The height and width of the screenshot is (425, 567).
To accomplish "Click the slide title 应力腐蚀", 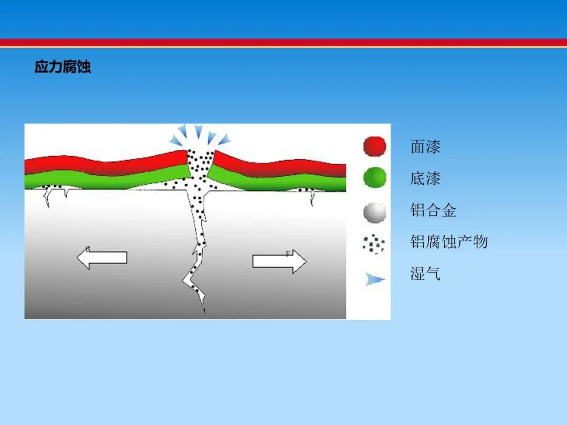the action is [62, 67].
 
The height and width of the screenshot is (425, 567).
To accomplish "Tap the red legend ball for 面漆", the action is [375, 146].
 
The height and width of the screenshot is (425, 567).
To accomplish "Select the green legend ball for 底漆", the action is [375, 177].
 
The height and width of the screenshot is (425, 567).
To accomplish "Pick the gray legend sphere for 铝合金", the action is [375, 212].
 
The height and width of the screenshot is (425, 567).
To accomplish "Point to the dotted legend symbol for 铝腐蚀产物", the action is [374, 244].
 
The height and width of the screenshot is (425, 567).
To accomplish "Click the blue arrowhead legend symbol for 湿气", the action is [375, 279].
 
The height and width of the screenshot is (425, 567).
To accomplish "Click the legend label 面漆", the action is [425, 147].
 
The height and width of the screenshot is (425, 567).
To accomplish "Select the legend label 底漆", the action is [425, 178].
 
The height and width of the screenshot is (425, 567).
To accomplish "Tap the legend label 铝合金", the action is [433, 210].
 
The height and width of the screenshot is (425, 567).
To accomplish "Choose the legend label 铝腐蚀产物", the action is [449, 242].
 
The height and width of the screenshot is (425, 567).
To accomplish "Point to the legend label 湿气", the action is [425, 273].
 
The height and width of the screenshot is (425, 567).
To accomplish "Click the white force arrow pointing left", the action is [102, 258].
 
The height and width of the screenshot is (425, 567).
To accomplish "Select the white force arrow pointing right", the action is [279, 261].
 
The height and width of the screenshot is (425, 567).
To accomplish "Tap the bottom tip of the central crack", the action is [204, 312].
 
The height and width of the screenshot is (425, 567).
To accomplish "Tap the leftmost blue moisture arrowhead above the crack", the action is [176, 140].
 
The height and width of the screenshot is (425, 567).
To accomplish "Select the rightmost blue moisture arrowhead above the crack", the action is [224, 140].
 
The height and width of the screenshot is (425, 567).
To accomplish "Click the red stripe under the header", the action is [283, 42].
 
